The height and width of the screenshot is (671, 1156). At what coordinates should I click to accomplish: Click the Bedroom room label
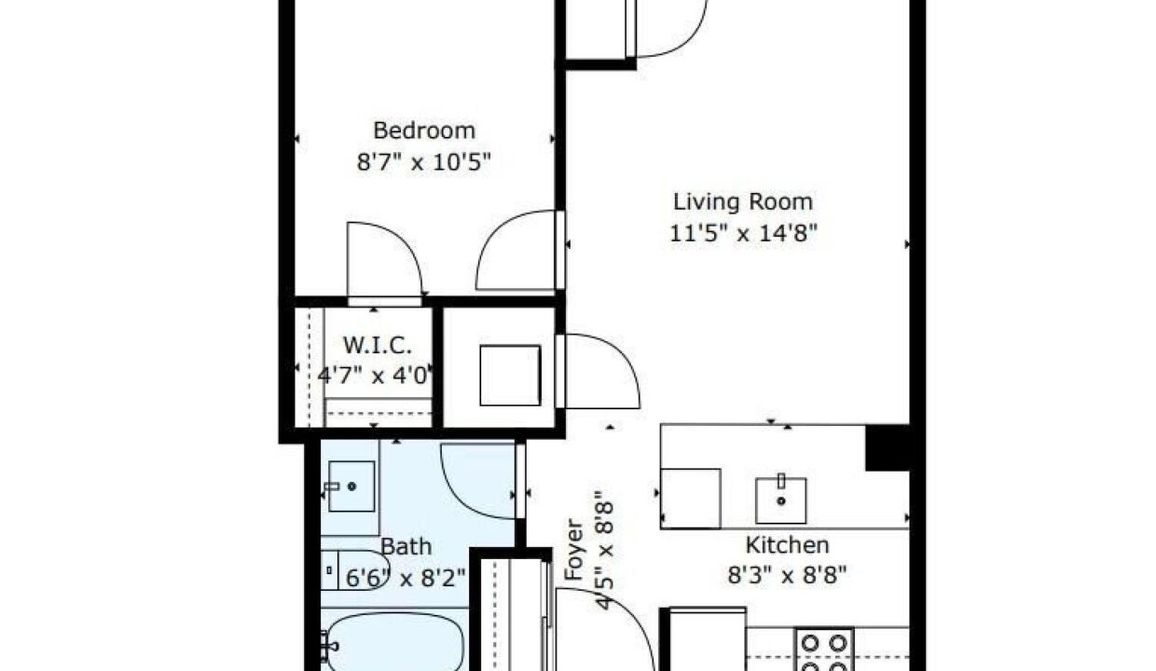424,130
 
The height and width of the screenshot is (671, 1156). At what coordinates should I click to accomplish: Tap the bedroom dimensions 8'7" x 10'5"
423,162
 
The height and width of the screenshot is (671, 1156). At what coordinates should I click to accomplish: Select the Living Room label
743,201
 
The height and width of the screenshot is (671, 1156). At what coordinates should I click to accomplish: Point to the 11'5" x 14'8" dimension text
743,233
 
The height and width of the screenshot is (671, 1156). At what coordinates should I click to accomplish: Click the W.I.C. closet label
378,345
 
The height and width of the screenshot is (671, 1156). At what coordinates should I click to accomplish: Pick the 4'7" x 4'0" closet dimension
374,376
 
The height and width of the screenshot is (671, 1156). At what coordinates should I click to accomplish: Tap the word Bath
406,547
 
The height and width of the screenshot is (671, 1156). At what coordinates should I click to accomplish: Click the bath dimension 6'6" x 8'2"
406,578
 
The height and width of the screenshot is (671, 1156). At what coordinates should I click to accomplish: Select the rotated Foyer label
574,549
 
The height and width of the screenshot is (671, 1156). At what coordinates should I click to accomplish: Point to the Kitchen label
787,544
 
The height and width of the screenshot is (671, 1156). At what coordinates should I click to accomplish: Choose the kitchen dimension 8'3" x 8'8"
787,575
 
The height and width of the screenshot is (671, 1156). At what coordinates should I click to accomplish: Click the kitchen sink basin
781,500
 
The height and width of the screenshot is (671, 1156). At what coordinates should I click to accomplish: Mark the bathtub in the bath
394,642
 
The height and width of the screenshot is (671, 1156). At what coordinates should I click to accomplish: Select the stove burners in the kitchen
824,650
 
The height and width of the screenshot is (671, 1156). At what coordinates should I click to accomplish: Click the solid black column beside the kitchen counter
888,447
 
